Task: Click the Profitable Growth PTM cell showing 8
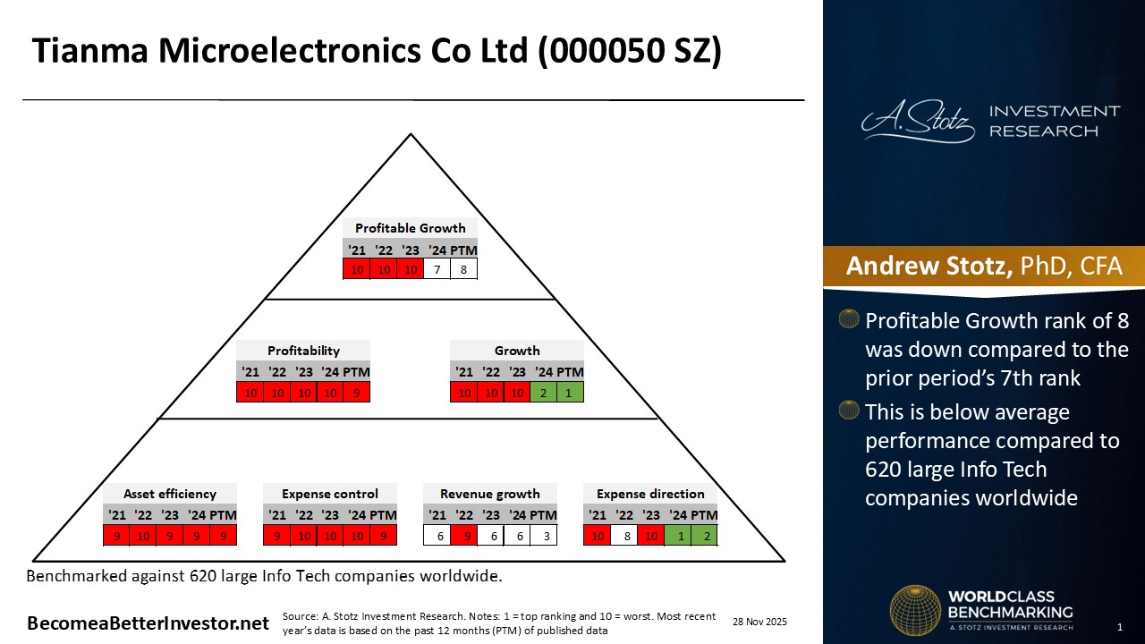point(463,269)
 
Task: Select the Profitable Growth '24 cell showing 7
point(437,269)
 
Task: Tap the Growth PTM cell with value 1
point(570,393)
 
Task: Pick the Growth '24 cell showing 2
point(543,393)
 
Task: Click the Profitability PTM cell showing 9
point(356,393)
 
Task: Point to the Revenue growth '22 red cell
point(464,536)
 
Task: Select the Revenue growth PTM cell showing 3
point(544,536)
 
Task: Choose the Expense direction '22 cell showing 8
point(624,536)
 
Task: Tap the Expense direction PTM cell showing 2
point(704,536)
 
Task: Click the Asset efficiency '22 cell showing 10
point(143,536)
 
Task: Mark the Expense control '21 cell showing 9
point(276,536)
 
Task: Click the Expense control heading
point(330,494)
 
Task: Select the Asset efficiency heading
point(170,494)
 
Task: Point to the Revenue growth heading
point(489,494)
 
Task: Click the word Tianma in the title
point(90,51)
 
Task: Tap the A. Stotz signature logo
point(918,122)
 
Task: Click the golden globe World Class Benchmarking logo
point(915,610)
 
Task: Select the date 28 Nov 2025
point(759,622)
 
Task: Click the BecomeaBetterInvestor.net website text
point(148,623)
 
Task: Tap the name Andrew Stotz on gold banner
point(929,266)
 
